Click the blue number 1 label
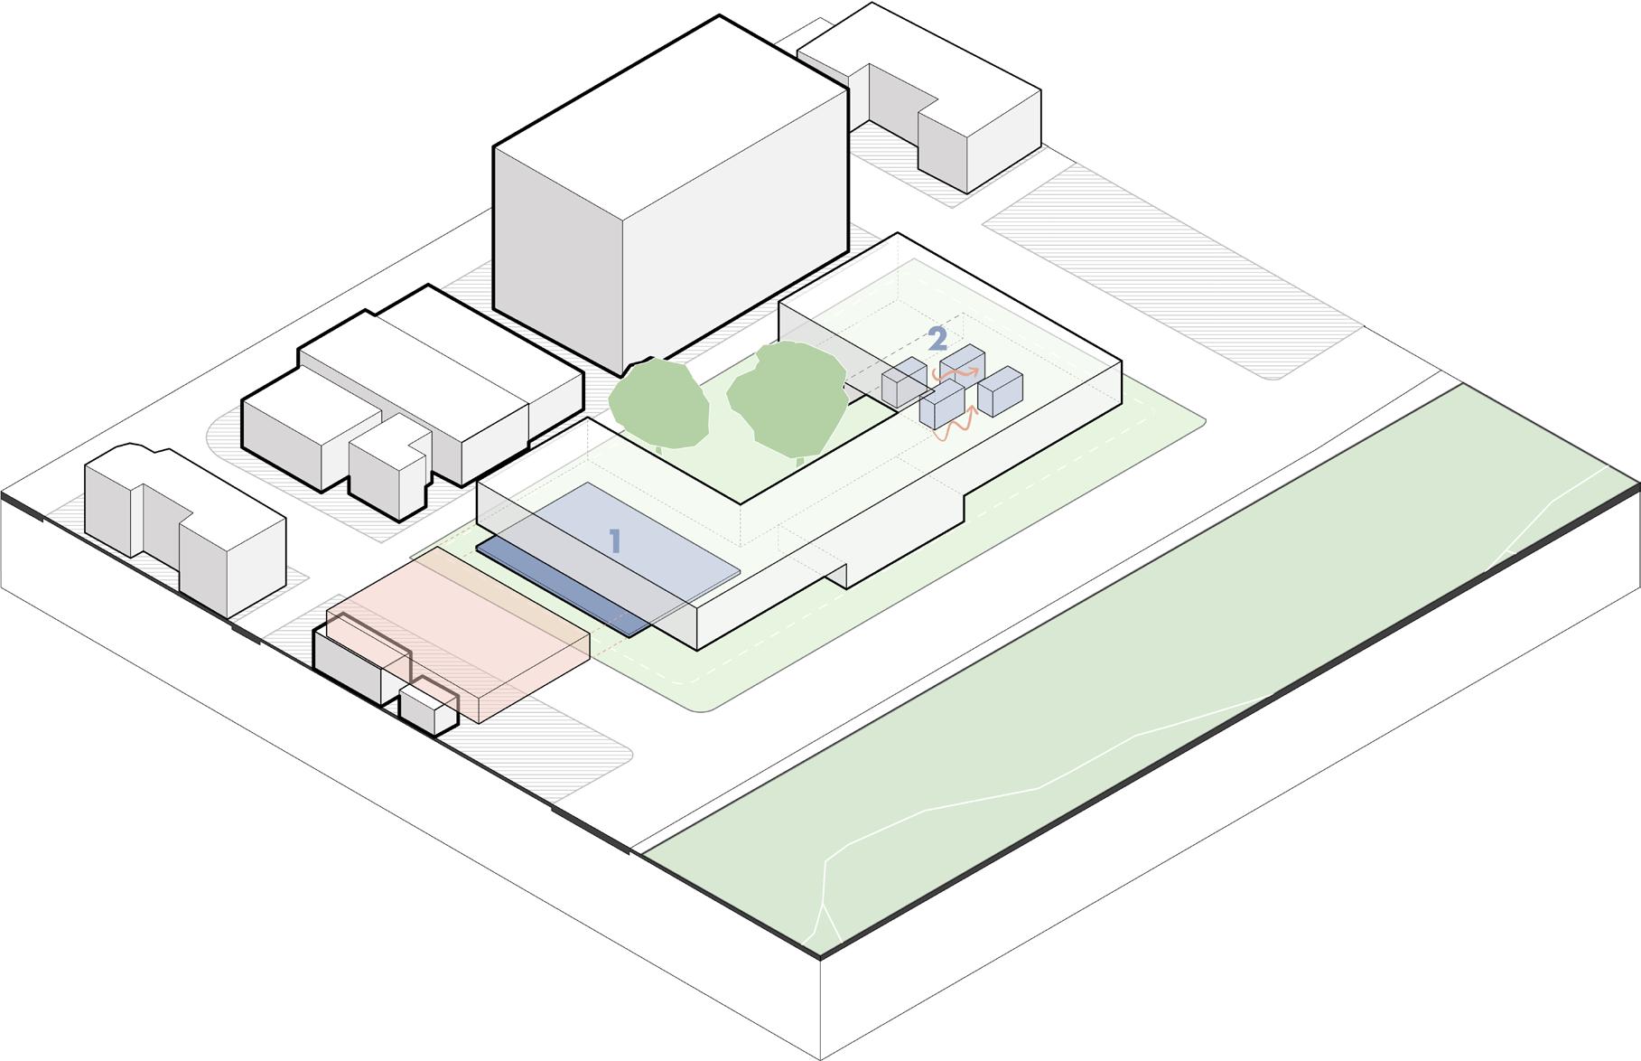tap(615, 541)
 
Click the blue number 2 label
tap(937, 339)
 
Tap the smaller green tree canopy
tap(657, 403)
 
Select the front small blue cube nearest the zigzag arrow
tap(942, 404)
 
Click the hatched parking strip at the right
tap(1165, 271)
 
